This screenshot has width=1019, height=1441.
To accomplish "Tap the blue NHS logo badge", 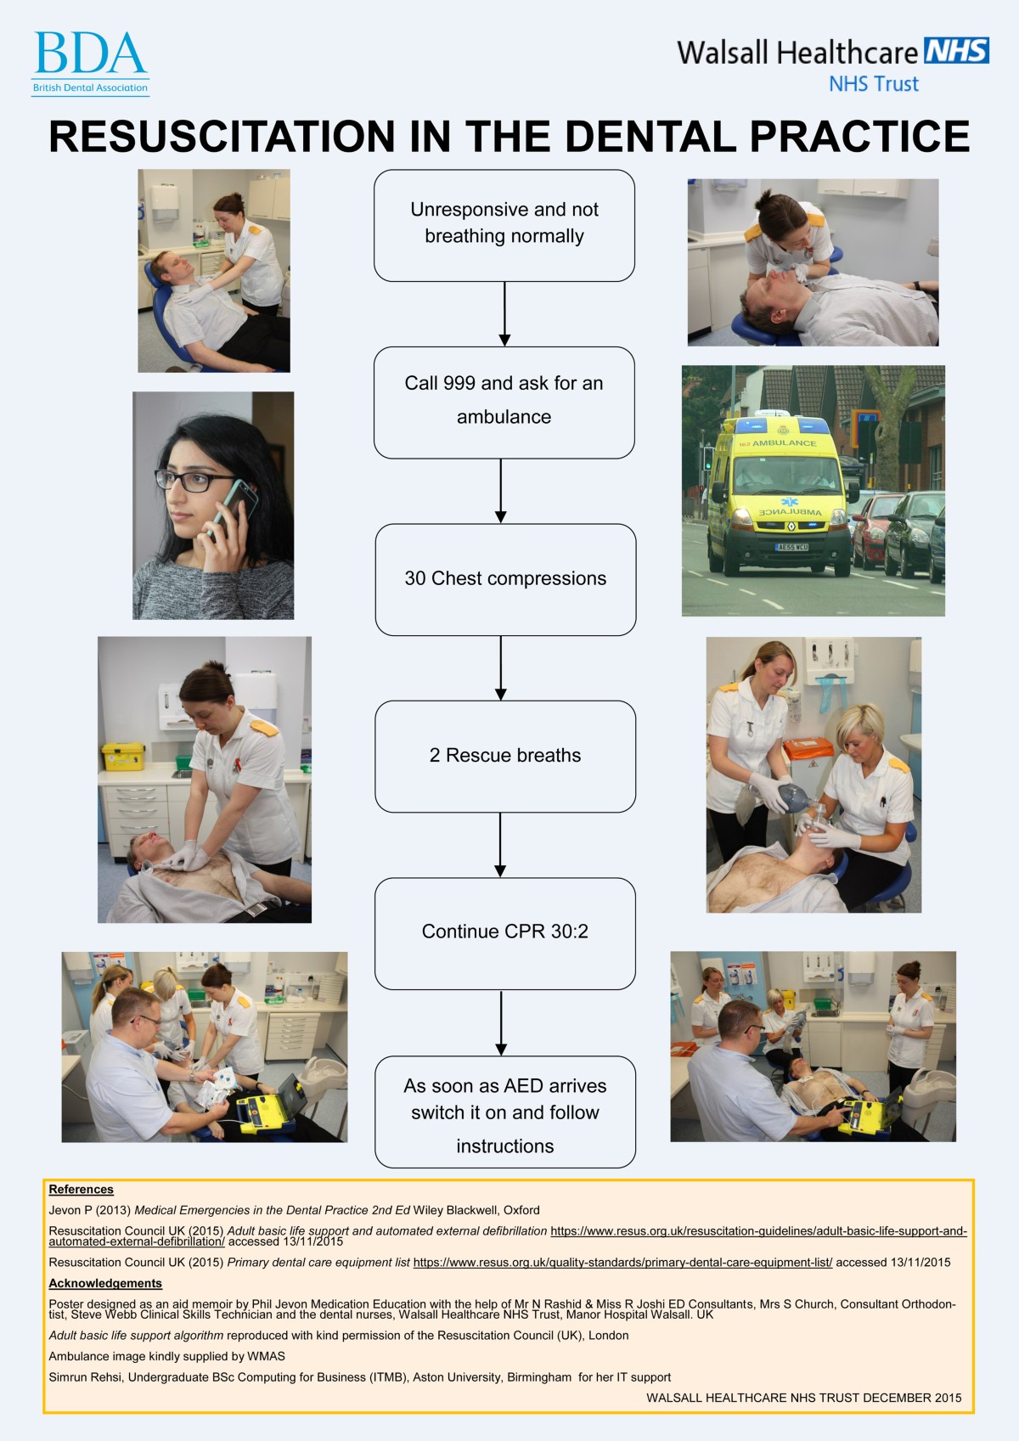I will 956,51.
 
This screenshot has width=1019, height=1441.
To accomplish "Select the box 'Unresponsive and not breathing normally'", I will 504,225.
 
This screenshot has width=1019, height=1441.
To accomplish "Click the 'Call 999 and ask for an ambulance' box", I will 504,402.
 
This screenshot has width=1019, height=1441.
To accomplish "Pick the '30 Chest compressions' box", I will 505,579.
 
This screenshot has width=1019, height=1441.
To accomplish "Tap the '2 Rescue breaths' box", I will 505,756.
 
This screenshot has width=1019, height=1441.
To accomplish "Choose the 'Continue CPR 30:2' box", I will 505,932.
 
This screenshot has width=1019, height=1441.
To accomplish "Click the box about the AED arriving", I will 505,1112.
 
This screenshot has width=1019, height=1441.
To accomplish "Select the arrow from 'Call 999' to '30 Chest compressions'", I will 501,491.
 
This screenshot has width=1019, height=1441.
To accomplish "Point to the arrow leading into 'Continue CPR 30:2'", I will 500,845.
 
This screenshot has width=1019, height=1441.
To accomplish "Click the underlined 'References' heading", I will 81,1190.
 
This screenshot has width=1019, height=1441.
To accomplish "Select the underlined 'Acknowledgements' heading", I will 105,1284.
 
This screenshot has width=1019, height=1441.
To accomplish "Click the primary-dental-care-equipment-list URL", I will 622,1263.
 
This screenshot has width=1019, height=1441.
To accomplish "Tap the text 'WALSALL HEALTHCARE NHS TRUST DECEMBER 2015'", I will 803,1398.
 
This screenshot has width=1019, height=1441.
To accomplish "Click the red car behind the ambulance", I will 870,531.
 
